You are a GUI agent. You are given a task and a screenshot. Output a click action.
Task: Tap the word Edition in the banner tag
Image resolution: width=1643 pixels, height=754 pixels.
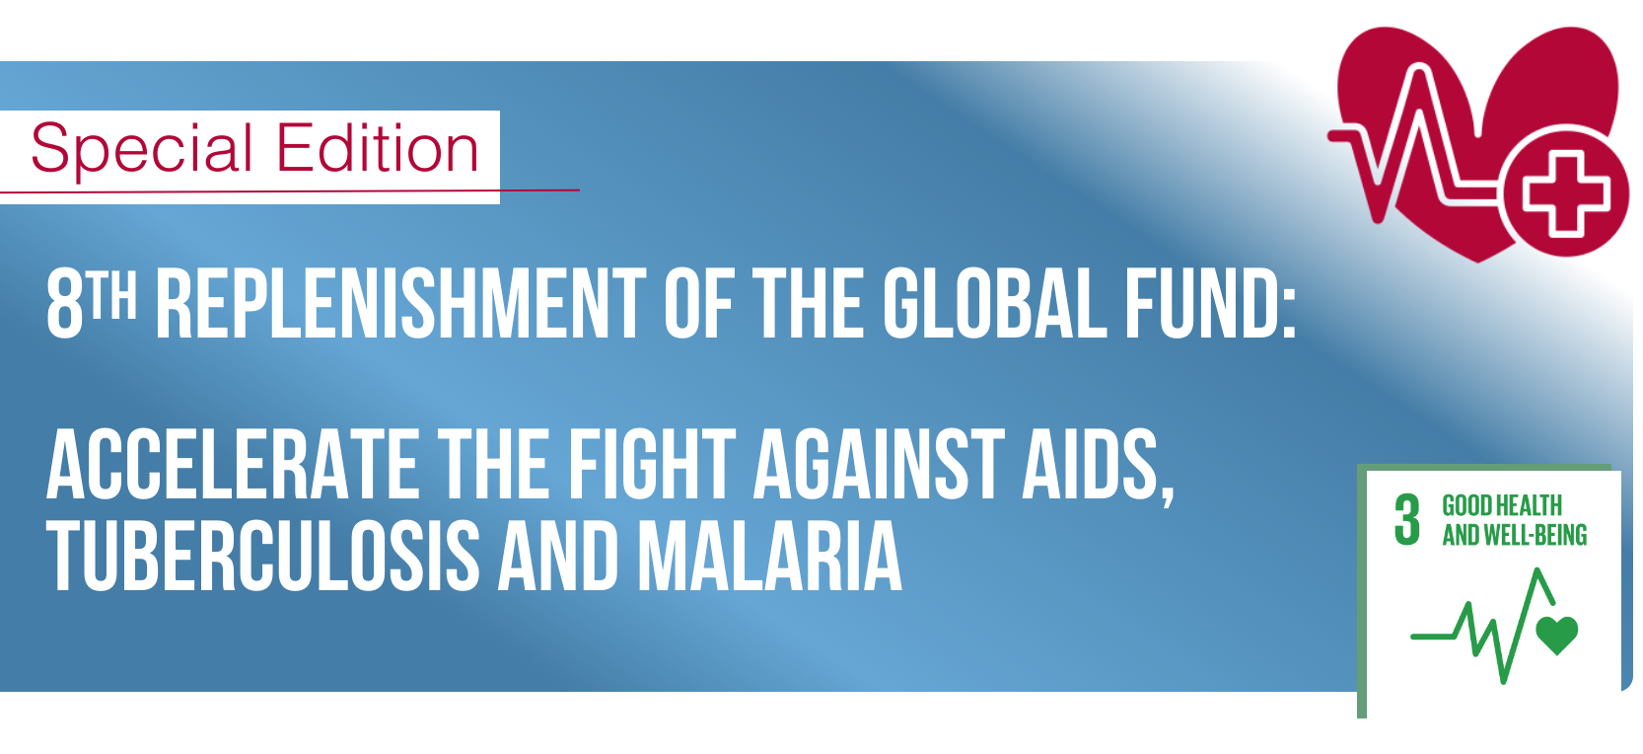[377, 148]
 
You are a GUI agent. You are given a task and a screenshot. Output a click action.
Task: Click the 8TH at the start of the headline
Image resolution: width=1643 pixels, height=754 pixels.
[91, 303]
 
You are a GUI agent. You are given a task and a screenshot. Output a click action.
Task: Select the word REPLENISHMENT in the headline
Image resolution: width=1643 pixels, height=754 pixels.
[400, 303]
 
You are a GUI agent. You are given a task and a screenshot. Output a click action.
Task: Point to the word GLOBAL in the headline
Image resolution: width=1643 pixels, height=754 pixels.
[994, 303]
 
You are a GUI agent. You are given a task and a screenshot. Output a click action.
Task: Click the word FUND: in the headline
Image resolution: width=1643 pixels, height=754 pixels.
[1210, 303]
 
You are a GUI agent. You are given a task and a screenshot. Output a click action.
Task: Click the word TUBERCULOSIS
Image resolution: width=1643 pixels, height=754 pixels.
[262, 555]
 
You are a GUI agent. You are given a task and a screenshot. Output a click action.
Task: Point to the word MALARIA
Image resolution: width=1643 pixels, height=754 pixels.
[769, 555]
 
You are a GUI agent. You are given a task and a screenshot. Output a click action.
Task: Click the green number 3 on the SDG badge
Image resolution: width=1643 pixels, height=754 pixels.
[1407, 520]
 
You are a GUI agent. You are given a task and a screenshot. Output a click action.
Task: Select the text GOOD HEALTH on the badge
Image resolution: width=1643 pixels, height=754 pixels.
[1501, 505]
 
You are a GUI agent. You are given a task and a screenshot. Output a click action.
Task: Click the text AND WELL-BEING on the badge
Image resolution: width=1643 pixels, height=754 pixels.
[1514, 535]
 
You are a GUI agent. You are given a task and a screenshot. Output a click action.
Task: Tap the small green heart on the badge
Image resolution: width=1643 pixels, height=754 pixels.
[1556, 635]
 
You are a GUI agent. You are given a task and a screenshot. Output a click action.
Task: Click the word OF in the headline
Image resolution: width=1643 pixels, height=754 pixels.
[698, 303]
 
